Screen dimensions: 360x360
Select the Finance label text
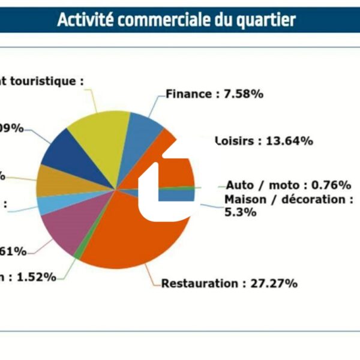[188, 94]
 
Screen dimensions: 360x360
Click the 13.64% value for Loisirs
[289, 141]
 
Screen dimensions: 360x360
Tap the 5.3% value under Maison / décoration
[240, 212]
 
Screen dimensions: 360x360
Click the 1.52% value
[36, 277]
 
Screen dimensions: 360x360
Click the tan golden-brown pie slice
[54, 180]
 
